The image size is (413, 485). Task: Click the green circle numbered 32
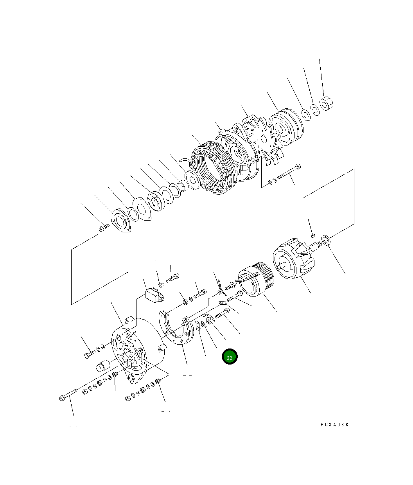[x=230, y=357]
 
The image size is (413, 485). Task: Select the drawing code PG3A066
[x=334, y=425]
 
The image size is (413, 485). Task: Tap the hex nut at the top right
[x=326, y=104]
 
